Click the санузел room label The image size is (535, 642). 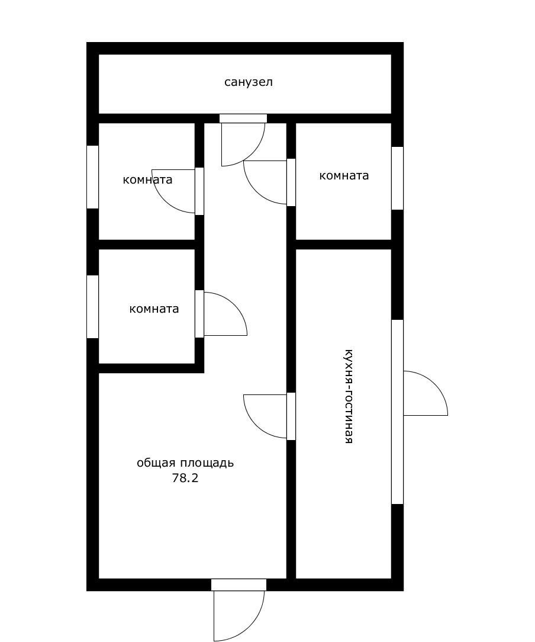pos(249,82)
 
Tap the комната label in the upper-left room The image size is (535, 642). pos(147,179)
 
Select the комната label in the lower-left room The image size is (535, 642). pos(154,309)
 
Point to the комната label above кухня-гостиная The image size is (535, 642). pos(344,176)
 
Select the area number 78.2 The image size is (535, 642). pos(185,478)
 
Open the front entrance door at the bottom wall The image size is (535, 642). pos(239,610)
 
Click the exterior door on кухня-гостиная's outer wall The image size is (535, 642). pos(426,393)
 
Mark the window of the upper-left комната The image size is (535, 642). pos(93,177)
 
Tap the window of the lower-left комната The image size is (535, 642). pos(93,307)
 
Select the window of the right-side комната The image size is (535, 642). pos(398,178)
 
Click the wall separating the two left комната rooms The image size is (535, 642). pos(147,245)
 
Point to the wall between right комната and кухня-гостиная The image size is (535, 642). pos(344,245)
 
